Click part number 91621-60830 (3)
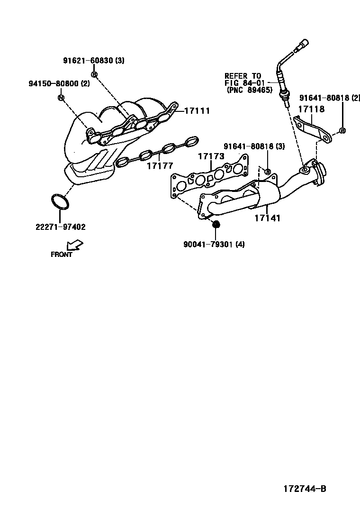[94, 61]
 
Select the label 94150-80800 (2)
[59, 84]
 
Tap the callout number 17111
[197, 110]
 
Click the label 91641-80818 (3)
[254, 146]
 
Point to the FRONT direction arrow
[75, 245]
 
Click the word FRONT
[62, 254]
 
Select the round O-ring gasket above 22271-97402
[60, 201]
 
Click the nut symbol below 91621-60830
[94, 74]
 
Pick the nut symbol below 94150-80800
[61, 97]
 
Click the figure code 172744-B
[305, 489]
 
